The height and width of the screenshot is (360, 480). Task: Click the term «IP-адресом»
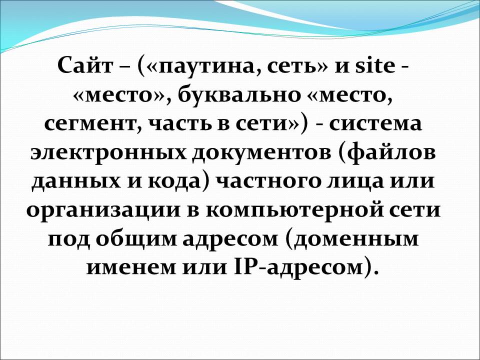pyautogui.click(x=297, y=267)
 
